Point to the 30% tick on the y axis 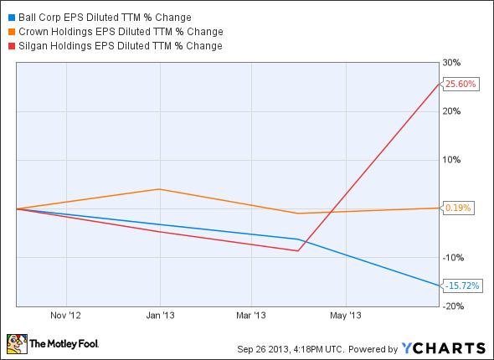click(x=452, y=62)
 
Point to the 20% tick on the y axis click(x=452, y=111)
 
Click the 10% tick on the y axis click(x=452, y=159)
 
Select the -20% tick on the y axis click(x=453, y=306)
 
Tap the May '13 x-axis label click(x=345, y=316)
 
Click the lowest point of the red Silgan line click(x=297, y=250)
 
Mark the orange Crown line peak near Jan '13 click(x=160, y=189)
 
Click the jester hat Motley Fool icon click(x=17, y=343)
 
